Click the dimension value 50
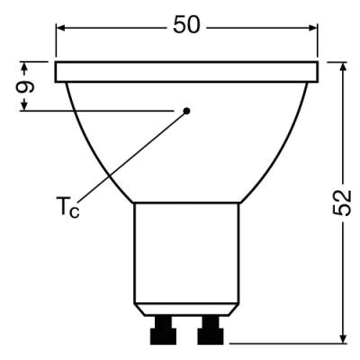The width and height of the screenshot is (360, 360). coord(186,25)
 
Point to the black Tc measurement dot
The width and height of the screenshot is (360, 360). coord(187,111)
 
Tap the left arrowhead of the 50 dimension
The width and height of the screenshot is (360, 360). coord(61,26)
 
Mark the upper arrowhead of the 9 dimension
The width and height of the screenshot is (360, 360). coord(26,66)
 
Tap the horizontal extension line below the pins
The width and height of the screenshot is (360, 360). coord(288,342)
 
